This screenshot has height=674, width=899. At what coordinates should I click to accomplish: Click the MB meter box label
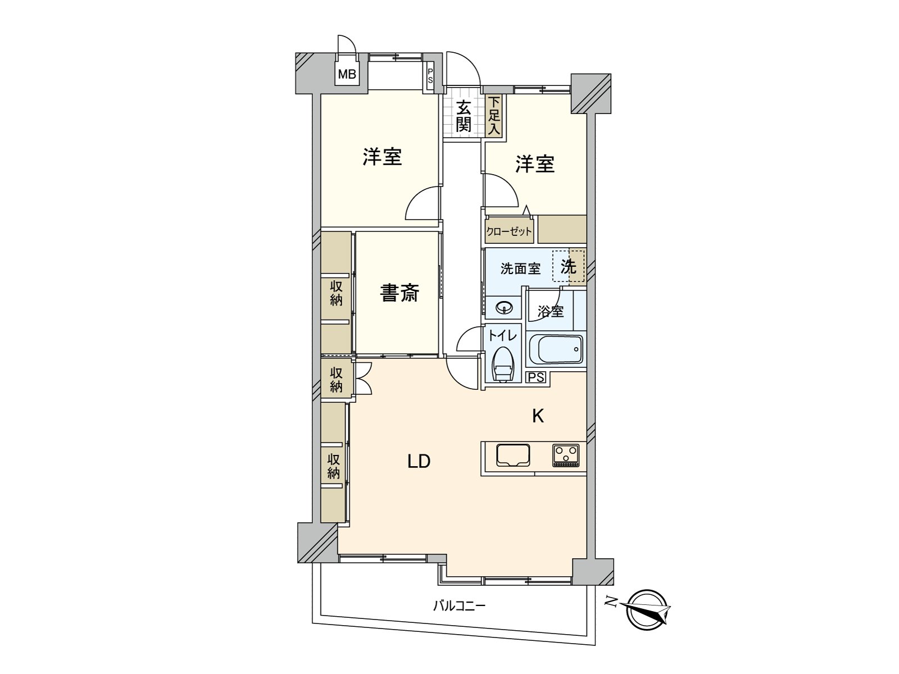pos(347,74)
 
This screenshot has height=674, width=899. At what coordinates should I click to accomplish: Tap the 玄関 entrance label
pos(463,116)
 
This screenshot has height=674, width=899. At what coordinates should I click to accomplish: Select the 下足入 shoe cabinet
pos(494,116)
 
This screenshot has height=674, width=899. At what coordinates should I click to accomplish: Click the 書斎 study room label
pos(399,293)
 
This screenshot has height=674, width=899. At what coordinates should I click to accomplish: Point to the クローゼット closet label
pos(508,231)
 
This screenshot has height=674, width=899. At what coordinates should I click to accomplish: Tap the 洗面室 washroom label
pos(520,268)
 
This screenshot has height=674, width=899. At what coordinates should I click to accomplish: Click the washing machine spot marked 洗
pos(569,267)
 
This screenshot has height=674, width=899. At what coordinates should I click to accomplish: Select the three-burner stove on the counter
pos(566,455)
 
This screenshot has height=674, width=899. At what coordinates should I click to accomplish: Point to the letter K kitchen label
pos(538,416)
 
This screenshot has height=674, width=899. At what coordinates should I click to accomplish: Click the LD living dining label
pos(419,462)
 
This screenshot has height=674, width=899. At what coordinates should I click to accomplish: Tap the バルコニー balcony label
pos(458,606)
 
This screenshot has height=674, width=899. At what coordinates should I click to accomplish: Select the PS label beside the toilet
pos(536,377)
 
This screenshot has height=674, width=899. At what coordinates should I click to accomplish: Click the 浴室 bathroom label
pos(550,311)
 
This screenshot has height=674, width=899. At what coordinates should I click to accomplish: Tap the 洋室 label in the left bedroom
pos(382,157)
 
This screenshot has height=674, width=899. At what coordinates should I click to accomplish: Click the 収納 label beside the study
pos(336,293)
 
